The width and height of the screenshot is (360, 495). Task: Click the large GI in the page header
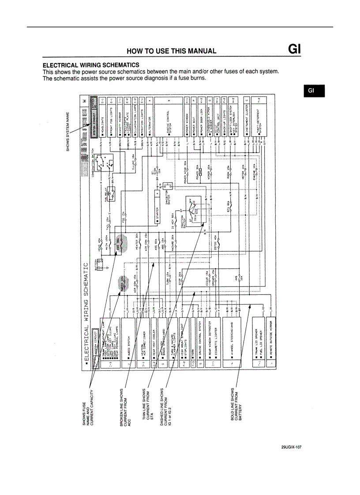point(294,48)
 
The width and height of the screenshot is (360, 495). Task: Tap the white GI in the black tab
point(311,90)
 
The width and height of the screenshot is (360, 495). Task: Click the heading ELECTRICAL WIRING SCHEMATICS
point(91,65)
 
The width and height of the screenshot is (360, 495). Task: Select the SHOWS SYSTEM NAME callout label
point(68,130)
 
